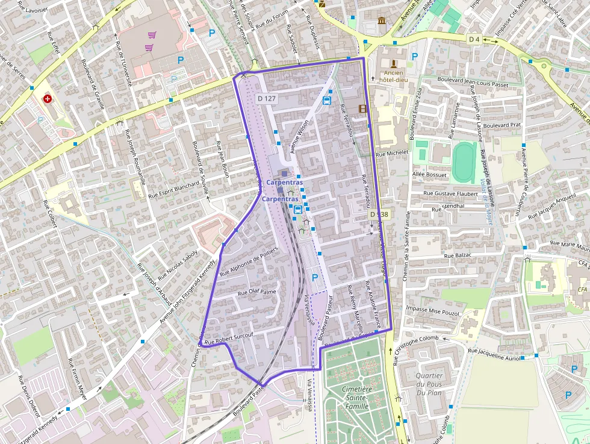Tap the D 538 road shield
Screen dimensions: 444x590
(379, 214)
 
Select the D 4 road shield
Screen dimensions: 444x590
(474, 39)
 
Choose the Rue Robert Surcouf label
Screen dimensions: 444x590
(229, 338)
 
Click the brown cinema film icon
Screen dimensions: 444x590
(362, 109)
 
